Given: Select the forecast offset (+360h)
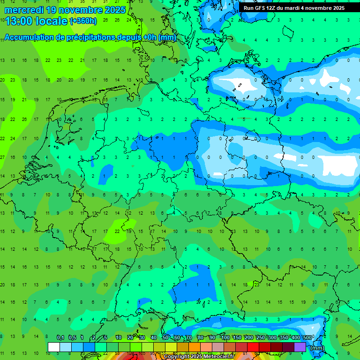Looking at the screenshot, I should pyautogui.click(x=83, y=21).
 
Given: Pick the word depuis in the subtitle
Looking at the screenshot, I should pyautogui.click(x=127, y=37).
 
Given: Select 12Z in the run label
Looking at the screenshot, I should pyautogui.click(x=272, y=8).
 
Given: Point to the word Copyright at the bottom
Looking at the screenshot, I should pyautogui.click(x=177, y=357).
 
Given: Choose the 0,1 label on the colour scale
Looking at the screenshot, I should pyautogui.click(x=60, y=337).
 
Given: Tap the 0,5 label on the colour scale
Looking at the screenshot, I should pyautogui.click(x=72, y=337).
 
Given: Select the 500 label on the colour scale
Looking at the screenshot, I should pyautogui.click(x=307, y=337).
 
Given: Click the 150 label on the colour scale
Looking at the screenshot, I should pyautogui.click(x=237, y=337).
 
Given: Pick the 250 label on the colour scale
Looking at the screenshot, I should pyautogui.click(x=260, y=337).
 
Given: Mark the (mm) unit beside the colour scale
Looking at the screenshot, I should pyautogui.click(x=318, y=347).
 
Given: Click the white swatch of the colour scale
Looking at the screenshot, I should pyautogui.click(x=54, y=347).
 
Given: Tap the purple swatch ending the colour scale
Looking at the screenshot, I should pyautogui.click(x=300, y=347).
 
